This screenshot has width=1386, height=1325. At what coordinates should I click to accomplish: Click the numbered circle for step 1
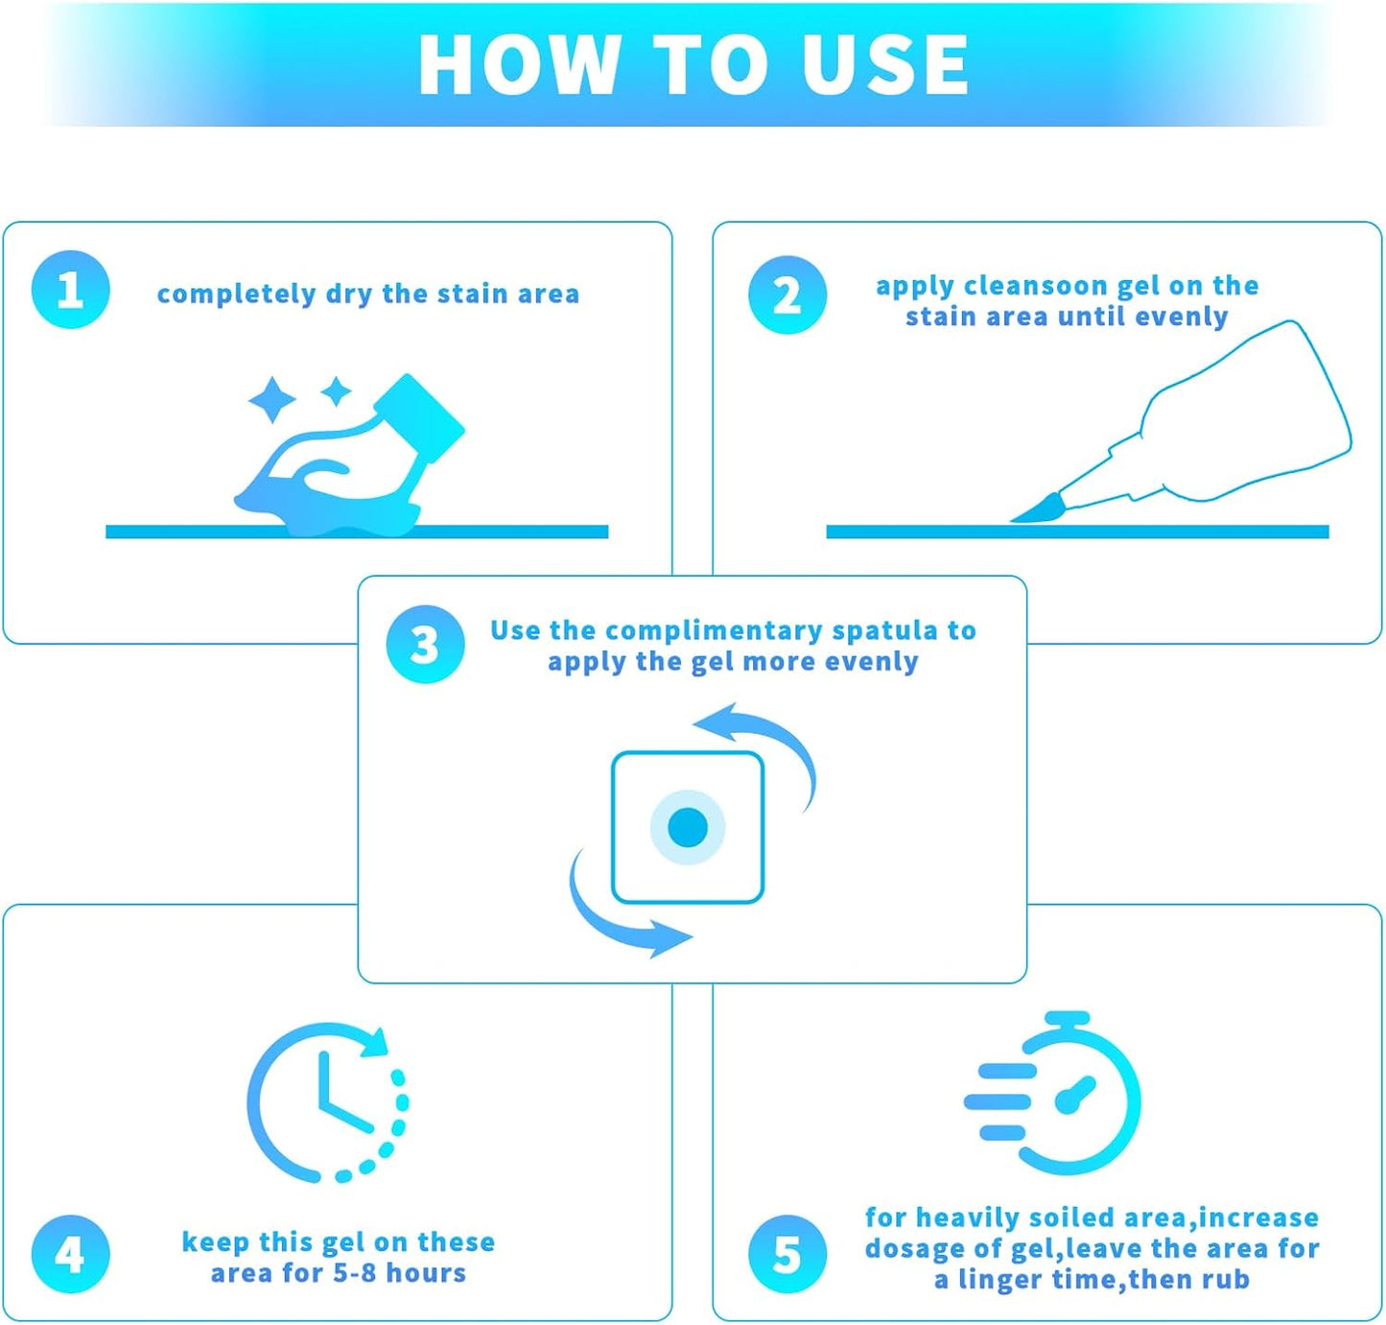point(71,289)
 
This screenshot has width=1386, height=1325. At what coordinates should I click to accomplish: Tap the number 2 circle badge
point(787,295)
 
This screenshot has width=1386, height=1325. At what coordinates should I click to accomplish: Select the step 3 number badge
point(425,644)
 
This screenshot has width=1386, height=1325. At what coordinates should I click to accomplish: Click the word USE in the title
point(884,65)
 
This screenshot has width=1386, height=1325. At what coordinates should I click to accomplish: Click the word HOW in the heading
point(519,65)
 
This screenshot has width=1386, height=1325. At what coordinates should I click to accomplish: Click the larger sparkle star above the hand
point(271,399)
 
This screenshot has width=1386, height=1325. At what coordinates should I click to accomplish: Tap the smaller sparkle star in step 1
point(336,391)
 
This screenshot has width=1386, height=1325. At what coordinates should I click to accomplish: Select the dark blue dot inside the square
point(688,827)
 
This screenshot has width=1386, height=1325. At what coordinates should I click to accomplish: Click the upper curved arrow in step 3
point(779,741)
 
